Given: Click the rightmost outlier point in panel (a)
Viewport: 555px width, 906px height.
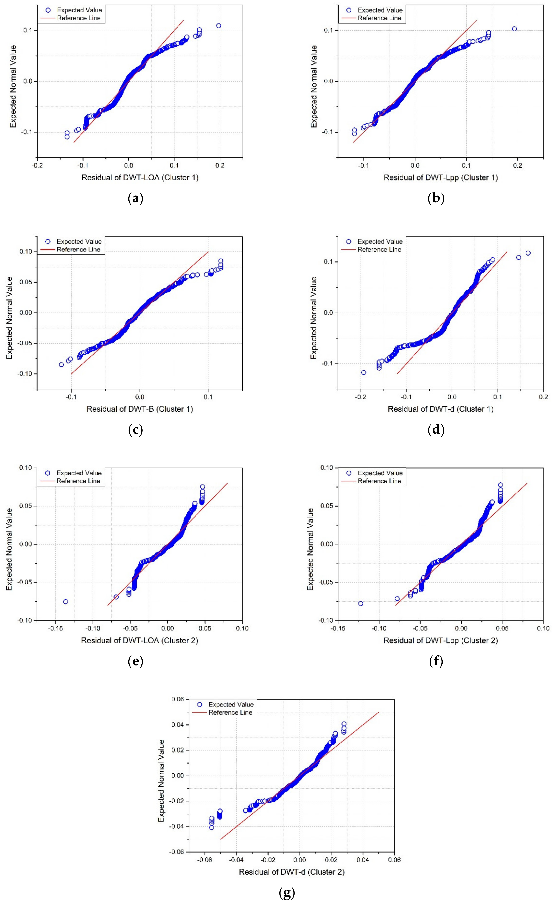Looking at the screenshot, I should click(x=219, y=26).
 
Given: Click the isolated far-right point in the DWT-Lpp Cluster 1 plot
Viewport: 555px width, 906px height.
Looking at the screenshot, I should click(x=514, y=29).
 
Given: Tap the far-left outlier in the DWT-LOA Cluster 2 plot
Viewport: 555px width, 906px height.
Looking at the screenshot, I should click(x=65, y=602).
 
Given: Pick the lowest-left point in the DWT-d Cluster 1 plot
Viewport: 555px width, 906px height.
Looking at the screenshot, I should click(x=364, y=372).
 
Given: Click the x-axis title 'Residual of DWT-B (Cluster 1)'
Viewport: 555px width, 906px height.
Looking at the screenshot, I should click(x=140, y=409).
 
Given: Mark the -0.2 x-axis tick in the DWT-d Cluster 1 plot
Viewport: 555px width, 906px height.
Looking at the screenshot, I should click(x=361, y=397).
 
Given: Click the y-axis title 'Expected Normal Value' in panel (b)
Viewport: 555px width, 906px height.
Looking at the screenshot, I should click(x=314, y=86).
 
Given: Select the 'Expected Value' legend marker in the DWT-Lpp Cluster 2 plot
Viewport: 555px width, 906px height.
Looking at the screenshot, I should click(x=349, y=473).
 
